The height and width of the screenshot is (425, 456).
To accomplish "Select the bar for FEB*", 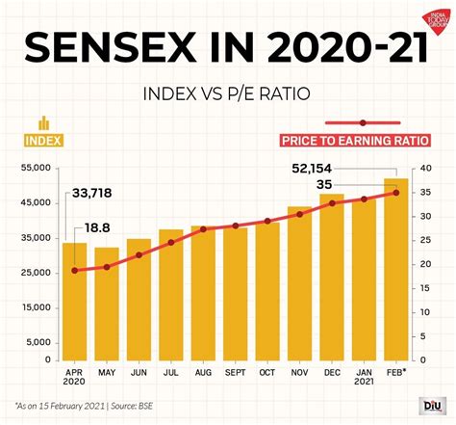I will (395, 269).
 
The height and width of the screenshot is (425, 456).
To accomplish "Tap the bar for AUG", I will (203, 293).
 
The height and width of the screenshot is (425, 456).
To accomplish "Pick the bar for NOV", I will (299, 283).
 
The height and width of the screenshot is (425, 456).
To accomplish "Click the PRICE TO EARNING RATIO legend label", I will (355, 141).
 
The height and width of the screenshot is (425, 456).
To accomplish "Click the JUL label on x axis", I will (170, 370).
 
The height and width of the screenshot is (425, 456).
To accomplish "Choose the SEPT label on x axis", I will (235, 370).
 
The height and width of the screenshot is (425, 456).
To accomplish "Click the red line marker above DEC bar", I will (331, 203).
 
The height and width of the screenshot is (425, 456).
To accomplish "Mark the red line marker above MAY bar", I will (107, 266).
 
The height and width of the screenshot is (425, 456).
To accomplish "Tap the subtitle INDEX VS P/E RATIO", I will (227, 93).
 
